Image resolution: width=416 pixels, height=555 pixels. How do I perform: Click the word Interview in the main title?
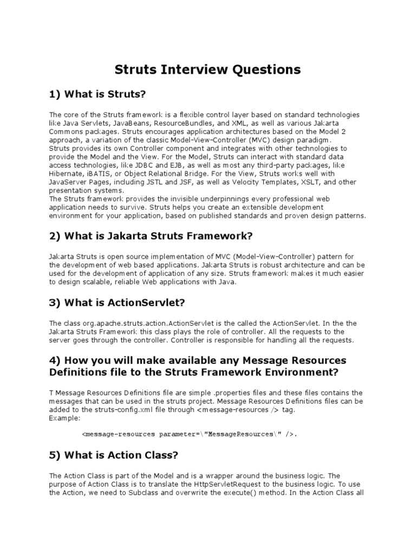[200, 70]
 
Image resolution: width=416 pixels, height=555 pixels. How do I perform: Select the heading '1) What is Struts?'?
[98, 95]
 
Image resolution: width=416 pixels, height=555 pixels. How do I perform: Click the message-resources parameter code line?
[190, 434]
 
